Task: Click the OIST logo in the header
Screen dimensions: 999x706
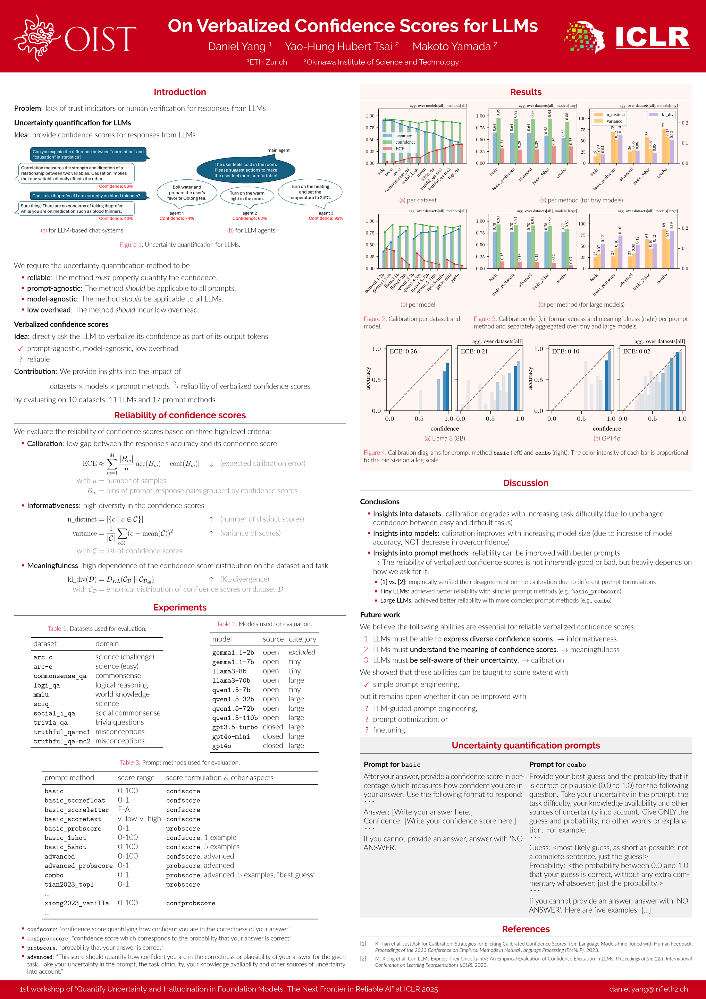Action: click(75, 38)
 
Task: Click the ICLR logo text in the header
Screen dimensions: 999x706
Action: click(652, 37)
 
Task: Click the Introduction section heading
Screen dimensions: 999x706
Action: click(180, 92)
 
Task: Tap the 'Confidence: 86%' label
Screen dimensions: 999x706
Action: click(115, 186)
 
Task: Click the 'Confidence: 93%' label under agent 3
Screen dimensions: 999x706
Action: click(326, 219)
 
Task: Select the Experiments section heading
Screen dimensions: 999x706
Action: click(180, 607)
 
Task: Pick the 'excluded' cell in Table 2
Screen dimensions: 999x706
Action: click(302, 652)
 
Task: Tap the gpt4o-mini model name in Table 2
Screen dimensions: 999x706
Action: click(231, 737)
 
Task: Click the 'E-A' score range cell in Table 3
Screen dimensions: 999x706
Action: click(124, 809)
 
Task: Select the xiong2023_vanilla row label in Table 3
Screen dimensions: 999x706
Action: click(77, 903)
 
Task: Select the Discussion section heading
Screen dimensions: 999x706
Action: click(526, 483)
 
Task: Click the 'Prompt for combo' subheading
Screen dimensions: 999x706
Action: click(557, 765)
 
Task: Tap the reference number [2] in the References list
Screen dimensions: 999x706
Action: click(363, 958)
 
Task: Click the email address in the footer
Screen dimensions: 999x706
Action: click(648, 989)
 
